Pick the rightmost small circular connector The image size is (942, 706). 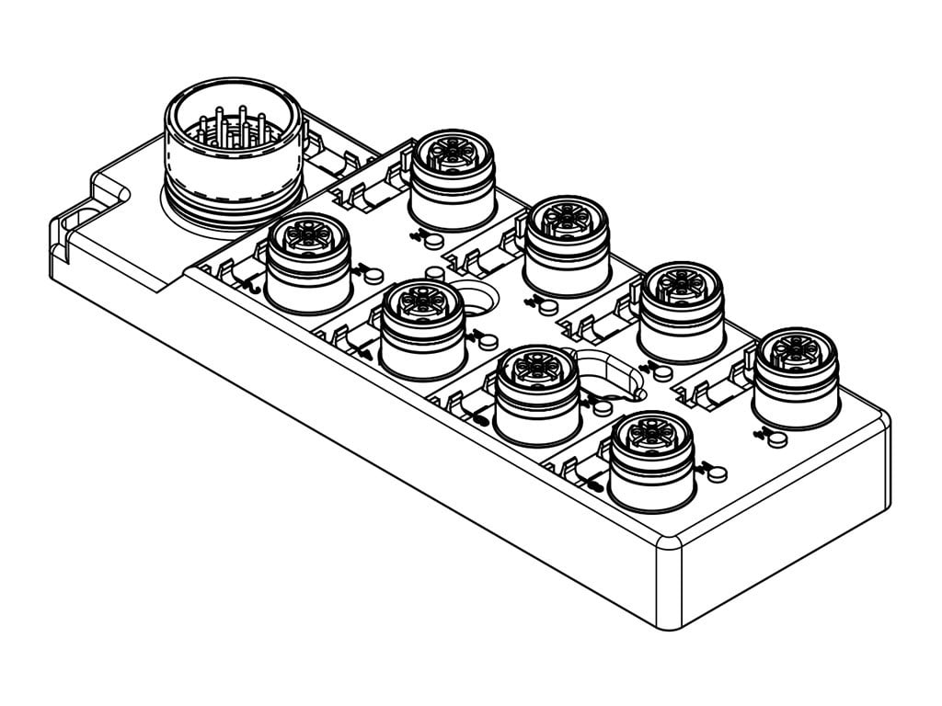[x=795, y=377]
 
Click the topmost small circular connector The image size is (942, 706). [x=453, y=179]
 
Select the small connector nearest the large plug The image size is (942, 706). [x=308, y=262]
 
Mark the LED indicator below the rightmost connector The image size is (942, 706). [x=777, y=438]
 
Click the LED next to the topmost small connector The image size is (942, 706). [x=426, y=237]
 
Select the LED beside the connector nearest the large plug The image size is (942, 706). [x=372, y=273]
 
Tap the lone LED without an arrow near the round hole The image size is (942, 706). [x=437, y=273]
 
